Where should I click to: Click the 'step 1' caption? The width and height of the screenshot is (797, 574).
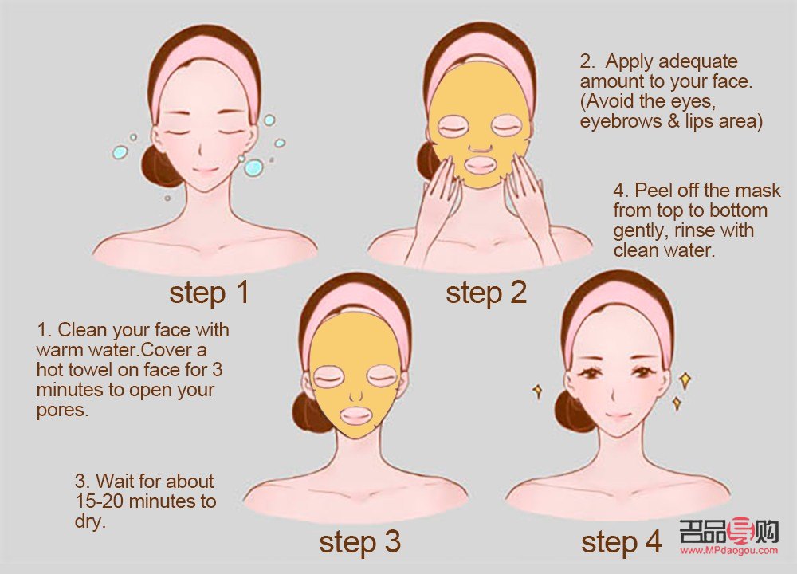209,293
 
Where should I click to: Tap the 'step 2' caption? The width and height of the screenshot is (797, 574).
486,293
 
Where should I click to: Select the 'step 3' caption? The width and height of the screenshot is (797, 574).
360,542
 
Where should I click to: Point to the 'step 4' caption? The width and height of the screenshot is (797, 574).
622,542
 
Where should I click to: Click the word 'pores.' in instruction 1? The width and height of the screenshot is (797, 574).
62,411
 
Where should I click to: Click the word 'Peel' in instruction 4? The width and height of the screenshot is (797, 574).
652,191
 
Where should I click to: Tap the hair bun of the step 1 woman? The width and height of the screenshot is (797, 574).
158,165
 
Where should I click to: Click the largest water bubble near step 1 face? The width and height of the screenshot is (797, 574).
253,167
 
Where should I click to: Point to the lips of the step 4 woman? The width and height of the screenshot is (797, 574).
618,415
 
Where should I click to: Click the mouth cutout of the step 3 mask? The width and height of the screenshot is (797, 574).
355,416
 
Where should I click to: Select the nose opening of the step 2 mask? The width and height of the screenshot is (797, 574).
480,148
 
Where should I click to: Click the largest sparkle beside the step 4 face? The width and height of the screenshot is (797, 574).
685,380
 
